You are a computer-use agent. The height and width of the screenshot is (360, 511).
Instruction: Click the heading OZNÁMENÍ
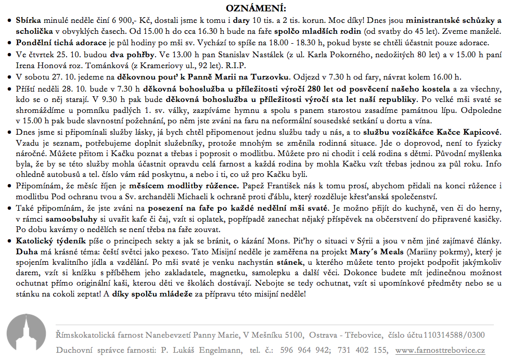point(255,8)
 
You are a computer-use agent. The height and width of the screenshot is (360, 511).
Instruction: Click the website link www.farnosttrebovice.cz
point(440,350)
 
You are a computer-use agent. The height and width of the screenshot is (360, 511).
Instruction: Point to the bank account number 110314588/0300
point(454,336)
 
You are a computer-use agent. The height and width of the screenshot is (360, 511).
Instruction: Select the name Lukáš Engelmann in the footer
point(206,350)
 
